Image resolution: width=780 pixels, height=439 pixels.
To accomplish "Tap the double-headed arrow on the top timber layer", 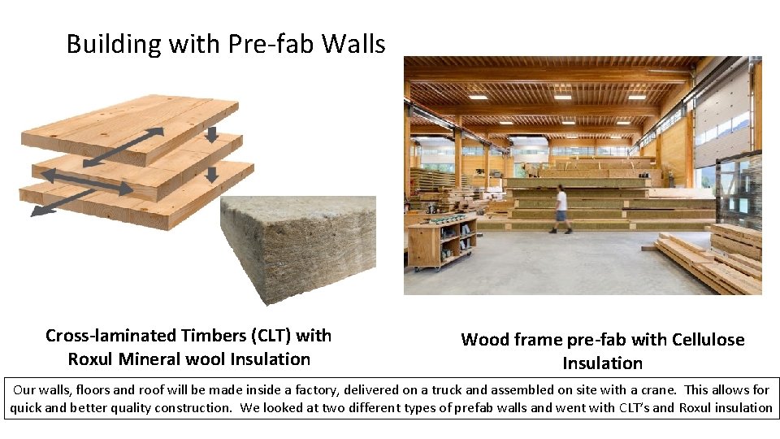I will click(x=122, y=146).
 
